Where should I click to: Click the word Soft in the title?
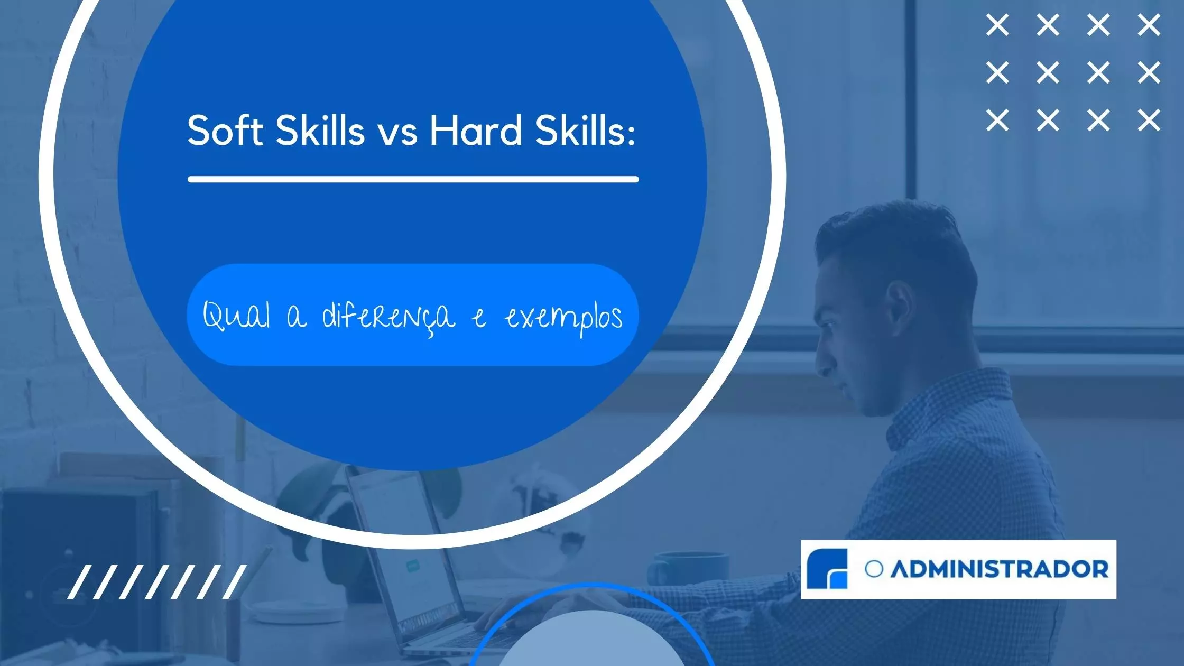(225, 131)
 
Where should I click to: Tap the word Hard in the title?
(475, 131)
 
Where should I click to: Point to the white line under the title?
(413, 179)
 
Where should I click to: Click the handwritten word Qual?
(236, 316)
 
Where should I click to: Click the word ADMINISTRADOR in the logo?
(1000, 569)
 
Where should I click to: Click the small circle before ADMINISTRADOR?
(874, 569)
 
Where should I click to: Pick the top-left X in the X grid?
(997, 25)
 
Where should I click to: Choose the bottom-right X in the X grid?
(1149, 121)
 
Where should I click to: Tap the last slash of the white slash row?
(235, 582)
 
